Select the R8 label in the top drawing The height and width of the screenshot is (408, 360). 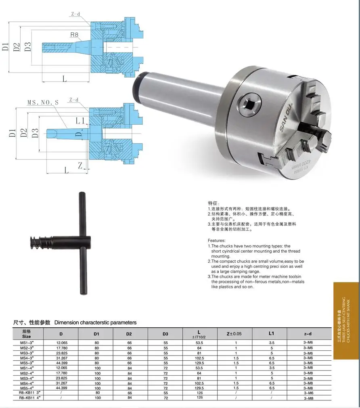click(x=74, y=35)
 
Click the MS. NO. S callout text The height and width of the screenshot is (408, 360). click(x=43, y=103)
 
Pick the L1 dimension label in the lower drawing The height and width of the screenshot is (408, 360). click(x=80, y=121)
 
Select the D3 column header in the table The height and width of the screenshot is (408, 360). click(x=165, y=334)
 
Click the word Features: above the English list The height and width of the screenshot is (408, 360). click(x=217, y=241)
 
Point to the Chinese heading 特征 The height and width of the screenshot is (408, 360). click(x=213, y=203)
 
